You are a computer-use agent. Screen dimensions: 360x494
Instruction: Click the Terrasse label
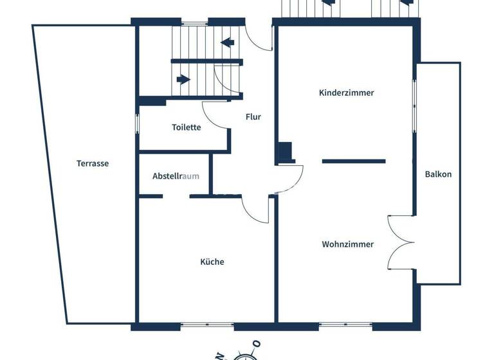pyautogui.click(x=93, y=163)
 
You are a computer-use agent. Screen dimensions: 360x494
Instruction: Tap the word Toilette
pyautogui.click(x=186, y=127)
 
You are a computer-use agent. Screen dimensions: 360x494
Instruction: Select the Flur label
pyautogui.click(x=253, y=117)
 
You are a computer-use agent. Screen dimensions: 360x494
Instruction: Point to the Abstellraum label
pyautogui.click(x=176, y=176)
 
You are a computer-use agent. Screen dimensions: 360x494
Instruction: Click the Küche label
pyautogui.click(x=212, y=262)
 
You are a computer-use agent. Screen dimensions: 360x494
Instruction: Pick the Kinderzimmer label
pyautogui.click(x=346, y=93)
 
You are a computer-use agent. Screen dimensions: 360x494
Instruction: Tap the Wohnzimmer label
pyautogui.click(x=347, y=244)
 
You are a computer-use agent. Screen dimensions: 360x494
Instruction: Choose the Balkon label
pyautogui.click(x=438, y=174)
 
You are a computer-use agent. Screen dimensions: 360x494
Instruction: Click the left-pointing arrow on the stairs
pyautogui.click(x=226, y=43)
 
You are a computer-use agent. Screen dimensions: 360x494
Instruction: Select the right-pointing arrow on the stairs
pyautogui.click(x=184, y=80)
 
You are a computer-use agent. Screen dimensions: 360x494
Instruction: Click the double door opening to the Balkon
pyautogui.click(x=400, y=242)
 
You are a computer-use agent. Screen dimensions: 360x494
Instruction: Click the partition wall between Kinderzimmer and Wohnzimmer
pyautogui.click(x=353, y=161)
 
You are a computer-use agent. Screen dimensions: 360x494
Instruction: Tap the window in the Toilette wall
pyautogui.click(x=137, y=123)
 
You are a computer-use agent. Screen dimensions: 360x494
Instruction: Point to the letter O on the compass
pyautogui.click(x=256, y=344)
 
